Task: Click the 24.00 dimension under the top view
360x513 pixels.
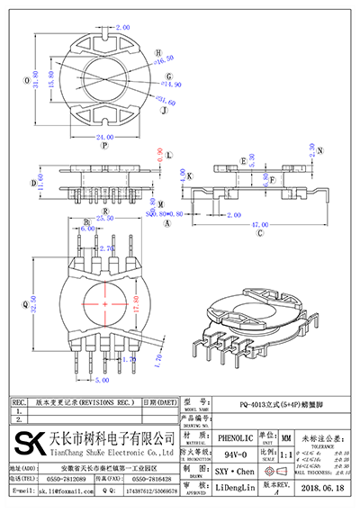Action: click(x=104, y=138)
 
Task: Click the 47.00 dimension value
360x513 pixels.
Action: click(x=261, y=222)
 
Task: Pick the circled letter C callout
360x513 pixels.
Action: click(x=261, y=232)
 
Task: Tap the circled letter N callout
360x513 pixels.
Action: click(x=320, y=150)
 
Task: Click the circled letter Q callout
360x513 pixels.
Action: click(x=24, y=304)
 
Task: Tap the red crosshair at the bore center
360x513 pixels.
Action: click(x=104, y=306)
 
